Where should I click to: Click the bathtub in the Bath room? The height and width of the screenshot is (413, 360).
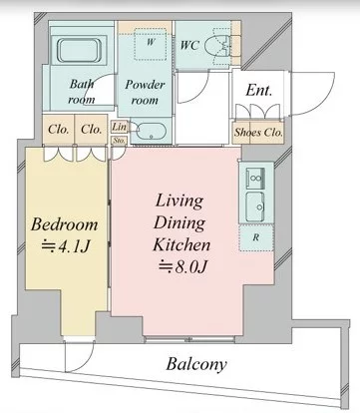79,51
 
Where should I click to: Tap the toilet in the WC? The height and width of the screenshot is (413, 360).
217,46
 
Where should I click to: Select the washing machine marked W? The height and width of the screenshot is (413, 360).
151,44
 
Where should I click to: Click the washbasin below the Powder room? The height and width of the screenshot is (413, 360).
151,133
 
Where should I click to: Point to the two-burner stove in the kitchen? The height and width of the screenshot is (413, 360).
255,179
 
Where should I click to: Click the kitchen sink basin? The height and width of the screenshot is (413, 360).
255,206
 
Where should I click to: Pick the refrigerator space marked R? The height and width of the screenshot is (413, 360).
256,237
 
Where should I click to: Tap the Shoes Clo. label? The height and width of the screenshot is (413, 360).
258,133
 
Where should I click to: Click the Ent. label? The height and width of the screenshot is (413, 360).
259,90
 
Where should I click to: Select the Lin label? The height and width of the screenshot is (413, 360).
119,127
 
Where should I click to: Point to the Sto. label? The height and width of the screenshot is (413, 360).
119,141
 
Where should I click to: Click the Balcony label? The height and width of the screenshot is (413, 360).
196,364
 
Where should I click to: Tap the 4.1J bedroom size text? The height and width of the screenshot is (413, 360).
66,246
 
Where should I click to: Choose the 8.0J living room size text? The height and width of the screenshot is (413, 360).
182,266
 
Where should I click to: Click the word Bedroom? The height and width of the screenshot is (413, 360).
65,224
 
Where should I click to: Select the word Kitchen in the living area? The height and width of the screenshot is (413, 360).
181,245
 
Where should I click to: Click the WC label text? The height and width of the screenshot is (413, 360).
189,45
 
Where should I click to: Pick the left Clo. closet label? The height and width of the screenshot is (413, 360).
59,129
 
